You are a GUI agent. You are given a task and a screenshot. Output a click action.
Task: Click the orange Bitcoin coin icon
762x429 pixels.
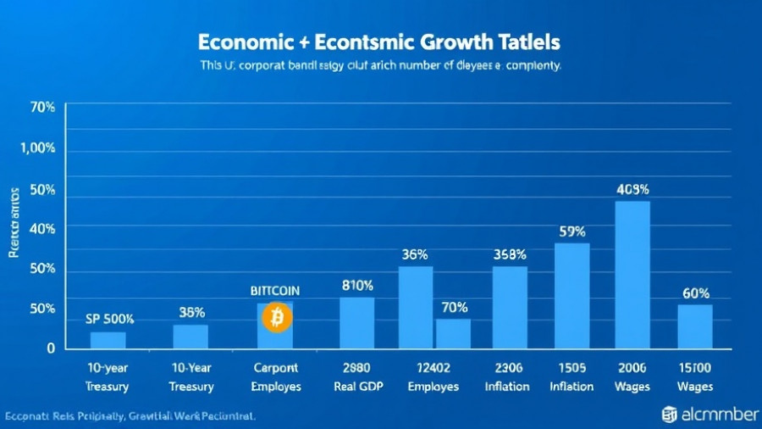pos(276,318)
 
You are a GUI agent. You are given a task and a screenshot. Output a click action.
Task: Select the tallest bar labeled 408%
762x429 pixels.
pos(632,275)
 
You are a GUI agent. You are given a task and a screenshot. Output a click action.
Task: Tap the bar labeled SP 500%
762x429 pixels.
pos(108,340)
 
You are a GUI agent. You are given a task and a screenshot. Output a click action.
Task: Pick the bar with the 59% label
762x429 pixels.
pos(571,296)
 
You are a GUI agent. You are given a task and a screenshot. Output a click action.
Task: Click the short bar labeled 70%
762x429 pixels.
pos(453,333)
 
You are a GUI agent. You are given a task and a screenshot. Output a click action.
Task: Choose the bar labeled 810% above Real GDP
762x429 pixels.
pos(356,323)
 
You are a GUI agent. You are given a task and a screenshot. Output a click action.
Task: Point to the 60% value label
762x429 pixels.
pos(695,293)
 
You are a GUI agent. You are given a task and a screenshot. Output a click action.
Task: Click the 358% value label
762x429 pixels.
pos(510,254)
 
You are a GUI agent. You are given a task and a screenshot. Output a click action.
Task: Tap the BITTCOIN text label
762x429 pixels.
pos(275,290)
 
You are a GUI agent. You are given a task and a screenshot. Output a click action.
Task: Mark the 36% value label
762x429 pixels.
pos(414,254)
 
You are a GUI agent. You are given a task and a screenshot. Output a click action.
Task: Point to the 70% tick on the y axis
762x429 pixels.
pos(42,108)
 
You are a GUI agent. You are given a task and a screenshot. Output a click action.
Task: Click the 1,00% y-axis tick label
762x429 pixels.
pos(38,148)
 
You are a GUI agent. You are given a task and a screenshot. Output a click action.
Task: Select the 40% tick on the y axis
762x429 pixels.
pos(42,228)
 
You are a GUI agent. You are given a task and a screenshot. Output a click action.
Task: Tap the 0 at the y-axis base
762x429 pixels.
pos(51,348)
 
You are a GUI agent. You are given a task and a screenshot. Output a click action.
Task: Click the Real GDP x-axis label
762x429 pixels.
pos(356,387)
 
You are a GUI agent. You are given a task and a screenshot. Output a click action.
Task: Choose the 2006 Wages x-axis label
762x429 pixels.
pos(632,378)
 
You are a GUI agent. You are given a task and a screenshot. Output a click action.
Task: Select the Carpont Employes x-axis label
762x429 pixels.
pos(275,378)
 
